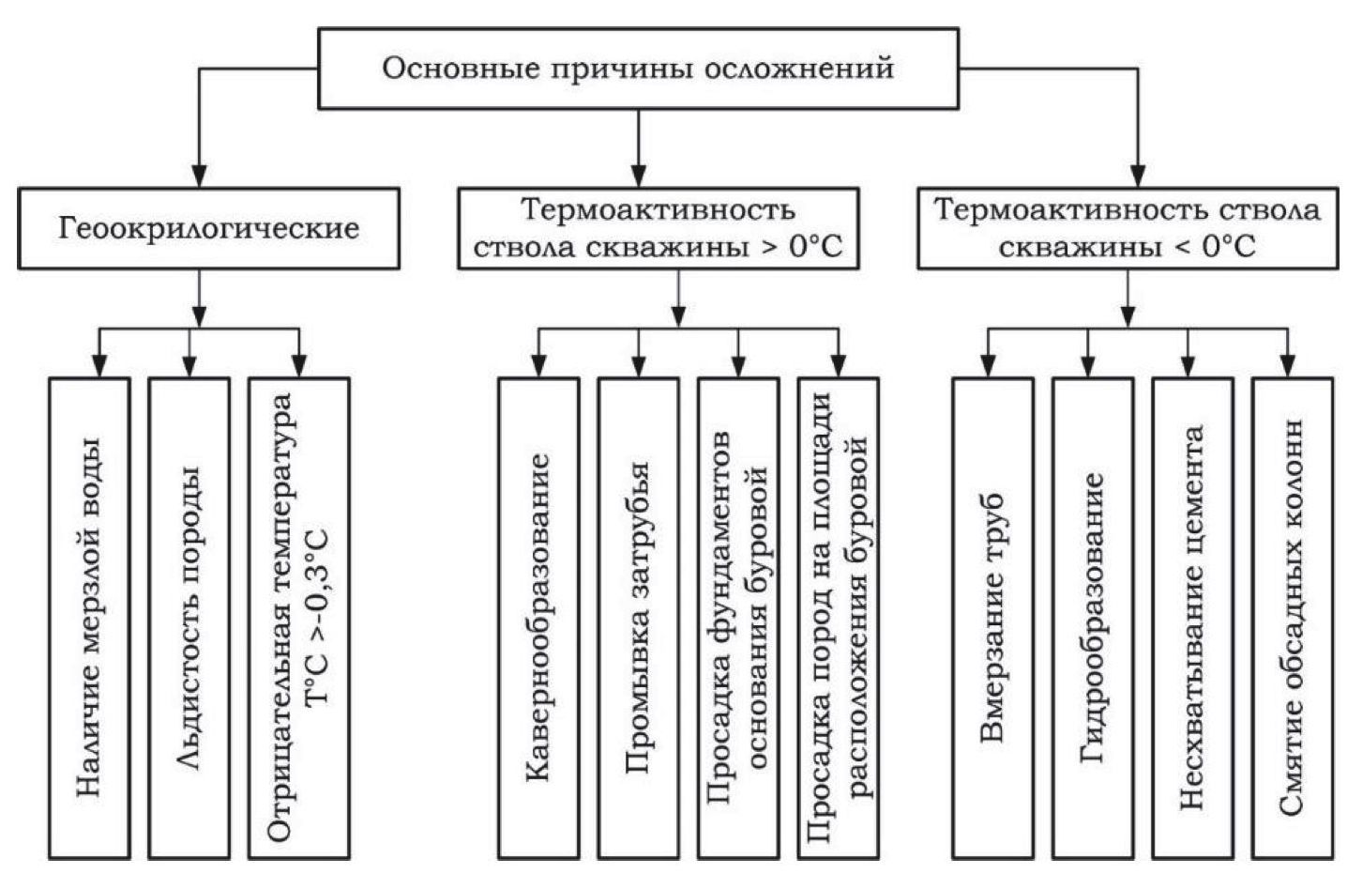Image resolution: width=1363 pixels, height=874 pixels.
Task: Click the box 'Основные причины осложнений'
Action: click(638, 68)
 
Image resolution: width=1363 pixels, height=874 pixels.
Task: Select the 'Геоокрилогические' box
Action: click(208, 229)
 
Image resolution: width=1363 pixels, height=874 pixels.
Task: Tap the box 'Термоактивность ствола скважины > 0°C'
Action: click(658, 229)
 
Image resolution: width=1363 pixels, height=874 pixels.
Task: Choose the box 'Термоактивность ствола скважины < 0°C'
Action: click(1126, 229)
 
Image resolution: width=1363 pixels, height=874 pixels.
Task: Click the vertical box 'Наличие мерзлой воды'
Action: click(89, 618)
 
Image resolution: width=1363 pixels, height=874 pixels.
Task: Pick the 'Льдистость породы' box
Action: click(189, 618)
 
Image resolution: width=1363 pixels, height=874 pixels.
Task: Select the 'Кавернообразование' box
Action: click(538, 618)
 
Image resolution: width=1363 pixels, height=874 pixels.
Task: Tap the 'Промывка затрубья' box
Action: click(638, 618)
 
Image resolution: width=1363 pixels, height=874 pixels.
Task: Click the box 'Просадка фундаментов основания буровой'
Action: click(738, 618)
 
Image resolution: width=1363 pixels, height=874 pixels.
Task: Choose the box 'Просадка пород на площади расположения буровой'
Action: click(838, 618)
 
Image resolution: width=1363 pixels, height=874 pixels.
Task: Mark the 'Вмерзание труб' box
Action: click(992, 618)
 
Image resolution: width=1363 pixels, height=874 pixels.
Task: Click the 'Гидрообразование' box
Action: click(1093, 618)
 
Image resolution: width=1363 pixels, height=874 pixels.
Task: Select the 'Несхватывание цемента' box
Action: click(1192, 618)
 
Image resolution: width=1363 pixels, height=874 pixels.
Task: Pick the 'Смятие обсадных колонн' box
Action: click(1292, 618)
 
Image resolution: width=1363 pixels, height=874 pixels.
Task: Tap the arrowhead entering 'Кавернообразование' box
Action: click(538, 366)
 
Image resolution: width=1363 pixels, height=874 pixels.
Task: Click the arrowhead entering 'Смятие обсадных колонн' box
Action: click(1289, 366)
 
